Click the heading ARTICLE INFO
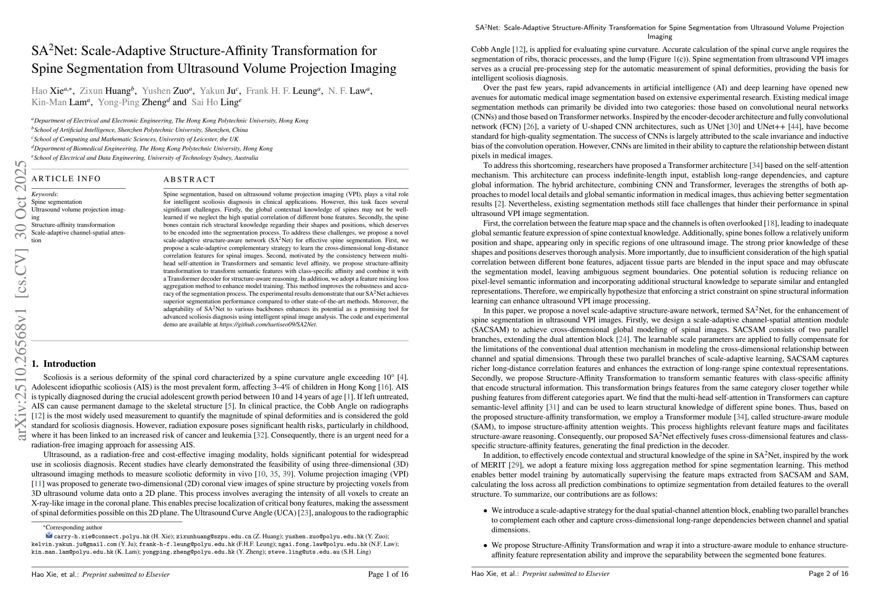66,179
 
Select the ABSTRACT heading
189,179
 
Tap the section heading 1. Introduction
63,364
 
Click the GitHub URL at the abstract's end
267,324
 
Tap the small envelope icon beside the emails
49,535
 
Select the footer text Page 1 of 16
388,574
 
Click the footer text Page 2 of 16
828,573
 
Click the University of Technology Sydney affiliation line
145,158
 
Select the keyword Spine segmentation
57,202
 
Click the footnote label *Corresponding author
73,527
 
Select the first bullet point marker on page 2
485,511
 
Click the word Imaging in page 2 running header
659,37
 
